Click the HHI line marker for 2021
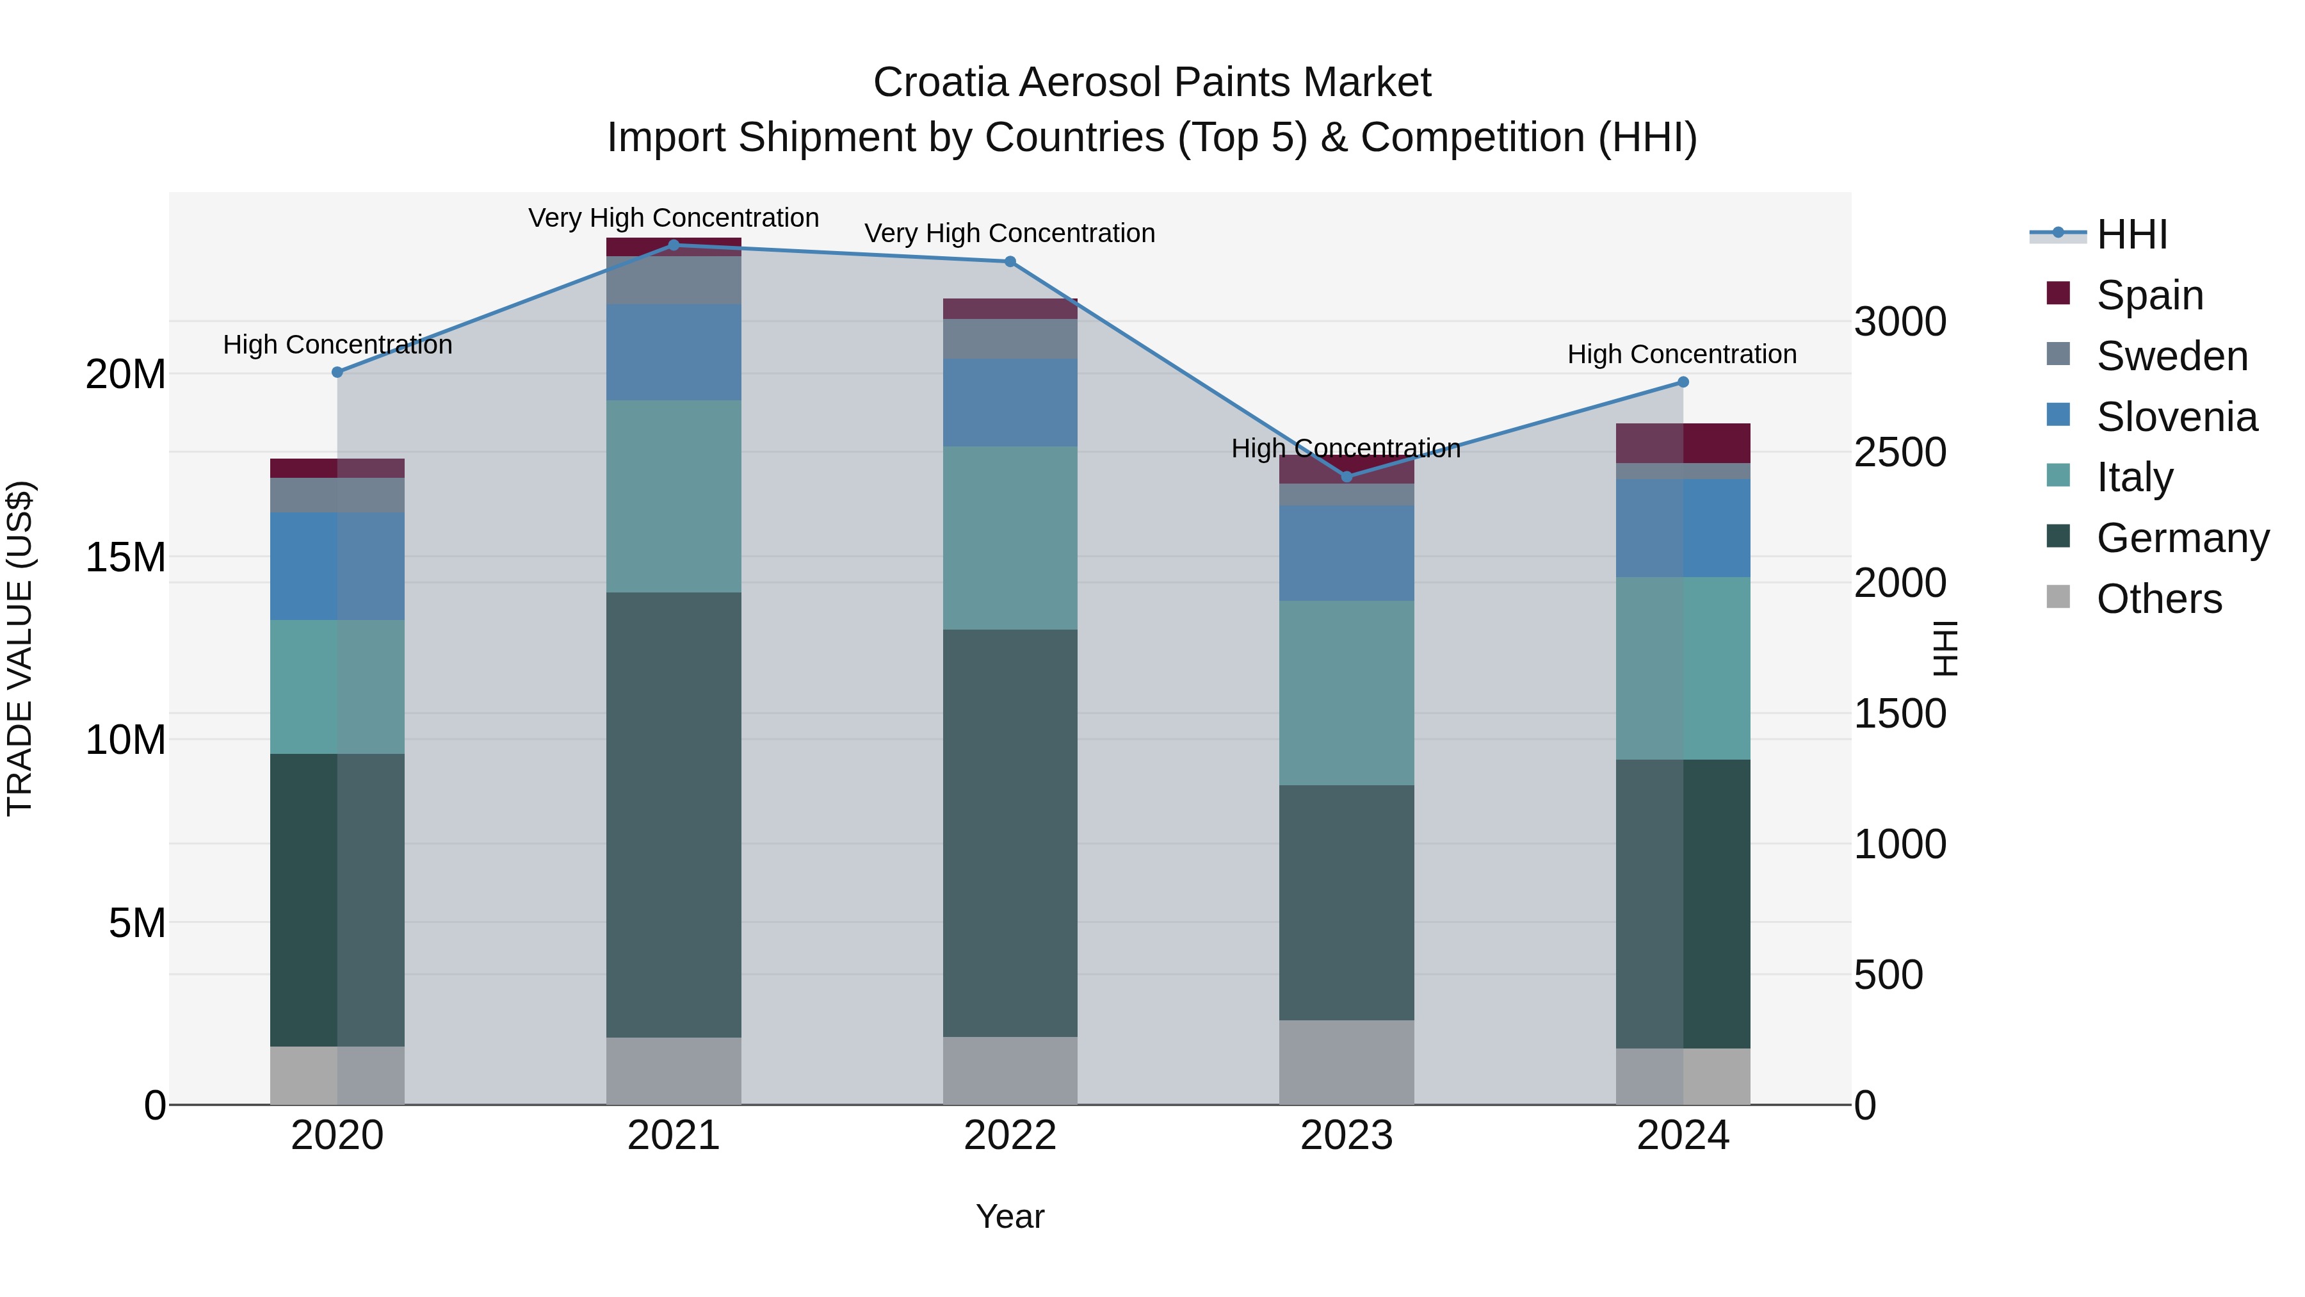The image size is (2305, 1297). (674, 245)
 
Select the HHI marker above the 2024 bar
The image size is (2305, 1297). (1682, 382)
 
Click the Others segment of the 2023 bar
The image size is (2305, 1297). (1347, 1063)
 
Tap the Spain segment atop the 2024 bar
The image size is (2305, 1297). (1682, 443)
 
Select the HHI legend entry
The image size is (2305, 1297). (2130, 234)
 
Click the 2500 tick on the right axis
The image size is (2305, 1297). (1900, 452)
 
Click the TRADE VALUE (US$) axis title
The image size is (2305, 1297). (20, 648)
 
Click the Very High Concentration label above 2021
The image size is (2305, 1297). (673, 218)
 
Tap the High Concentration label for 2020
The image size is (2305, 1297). (337, 345)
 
